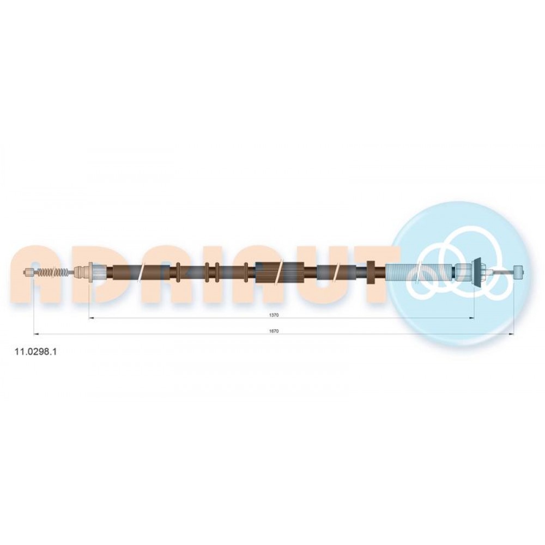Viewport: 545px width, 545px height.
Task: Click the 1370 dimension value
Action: pos(274,315)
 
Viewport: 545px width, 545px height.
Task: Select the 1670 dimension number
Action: pos(274,331)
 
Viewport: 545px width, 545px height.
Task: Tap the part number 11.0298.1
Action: pos(36,352)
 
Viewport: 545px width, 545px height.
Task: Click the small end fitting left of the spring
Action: pos(28,272)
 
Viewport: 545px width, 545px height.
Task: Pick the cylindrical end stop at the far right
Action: pos(518,272)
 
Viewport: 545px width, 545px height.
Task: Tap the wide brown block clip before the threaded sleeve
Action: pos(370,271)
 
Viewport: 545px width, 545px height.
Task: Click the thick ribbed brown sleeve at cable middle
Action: pos(280,271)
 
